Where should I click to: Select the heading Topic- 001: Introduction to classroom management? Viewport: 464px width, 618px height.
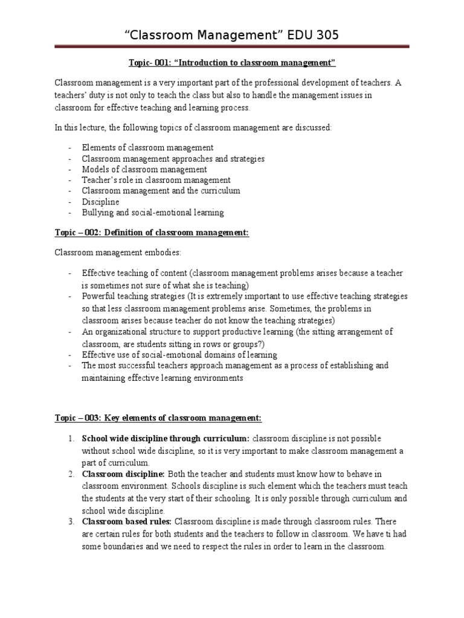click(x=232, y=63)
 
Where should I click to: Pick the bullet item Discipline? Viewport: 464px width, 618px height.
click(x=101, y=202)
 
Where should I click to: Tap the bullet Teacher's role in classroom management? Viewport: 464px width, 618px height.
click(x=156, y=180)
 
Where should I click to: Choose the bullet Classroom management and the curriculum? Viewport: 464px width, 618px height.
click(x=161, y=191)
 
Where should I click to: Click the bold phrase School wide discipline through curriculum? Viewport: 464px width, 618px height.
click(x=166, y=438)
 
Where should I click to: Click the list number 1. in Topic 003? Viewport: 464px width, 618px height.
click(x=71, y=438)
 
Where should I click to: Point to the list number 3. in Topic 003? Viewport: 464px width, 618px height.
click(x=71, y=521)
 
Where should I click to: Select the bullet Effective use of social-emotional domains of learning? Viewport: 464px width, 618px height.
click(x=179, y=355)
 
